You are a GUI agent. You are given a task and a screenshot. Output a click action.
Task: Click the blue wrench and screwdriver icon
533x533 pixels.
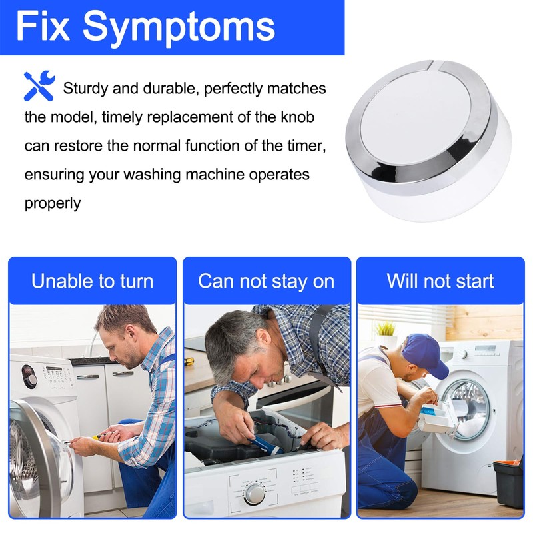click(38, 85)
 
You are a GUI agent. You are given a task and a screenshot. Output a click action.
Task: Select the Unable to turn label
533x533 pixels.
click(92, 280)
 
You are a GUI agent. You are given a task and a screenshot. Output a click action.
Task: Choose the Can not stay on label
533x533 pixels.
click(266, 280)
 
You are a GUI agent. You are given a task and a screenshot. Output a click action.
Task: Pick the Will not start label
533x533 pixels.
click(440, 280)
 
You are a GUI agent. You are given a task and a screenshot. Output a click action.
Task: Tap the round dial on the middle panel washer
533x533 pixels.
click(254, 494)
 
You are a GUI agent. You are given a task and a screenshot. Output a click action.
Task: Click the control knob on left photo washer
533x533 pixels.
click(30, 379)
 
